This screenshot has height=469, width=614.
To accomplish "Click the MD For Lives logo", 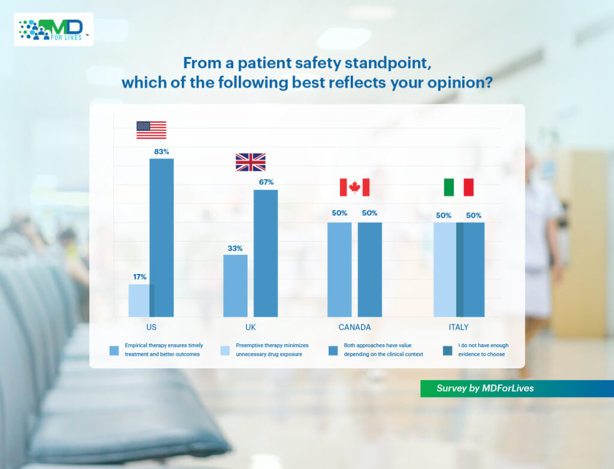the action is click(53, 29).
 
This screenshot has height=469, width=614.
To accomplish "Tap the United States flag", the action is click(151, 130).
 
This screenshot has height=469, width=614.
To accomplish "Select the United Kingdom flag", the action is click(251, 162).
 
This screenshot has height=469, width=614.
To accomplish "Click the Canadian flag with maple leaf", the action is click(354, 187).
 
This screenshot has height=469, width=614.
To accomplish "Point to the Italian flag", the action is click(459, 187).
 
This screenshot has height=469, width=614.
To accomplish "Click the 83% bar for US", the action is click(162, 238).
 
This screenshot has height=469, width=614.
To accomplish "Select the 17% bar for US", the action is click(139, 300).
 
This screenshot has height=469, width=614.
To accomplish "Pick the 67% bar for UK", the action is click(266, 254).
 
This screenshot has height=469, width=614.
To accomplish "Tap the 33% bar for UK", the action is click(235, 286).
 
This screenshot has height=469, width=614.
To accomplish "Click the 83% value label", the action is click(162, 152).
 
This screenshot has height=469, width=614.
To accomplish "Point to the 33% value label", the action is click(235, 248).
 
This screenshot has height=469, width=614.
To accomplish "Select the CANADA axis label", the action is click(354, 327).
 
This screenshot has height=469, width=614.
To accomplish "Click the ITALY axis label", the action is click(459, 327).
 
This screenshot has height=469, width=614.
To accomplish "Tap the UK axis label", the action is click(251, 327).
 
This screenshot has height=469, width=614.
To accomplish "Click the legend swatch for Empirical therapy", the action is click(114, 350).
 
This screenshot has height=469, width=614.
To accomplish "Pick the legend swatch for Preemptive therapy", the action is click(225, 350).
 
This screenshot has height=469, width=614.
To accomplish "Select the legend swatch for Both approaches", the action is click(333, 350).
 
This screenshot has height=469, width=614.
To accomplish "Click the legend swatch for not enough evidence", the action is click(447, 350).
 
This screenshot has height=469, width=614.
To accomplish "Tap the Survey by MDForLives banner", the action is click(517, 388).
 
